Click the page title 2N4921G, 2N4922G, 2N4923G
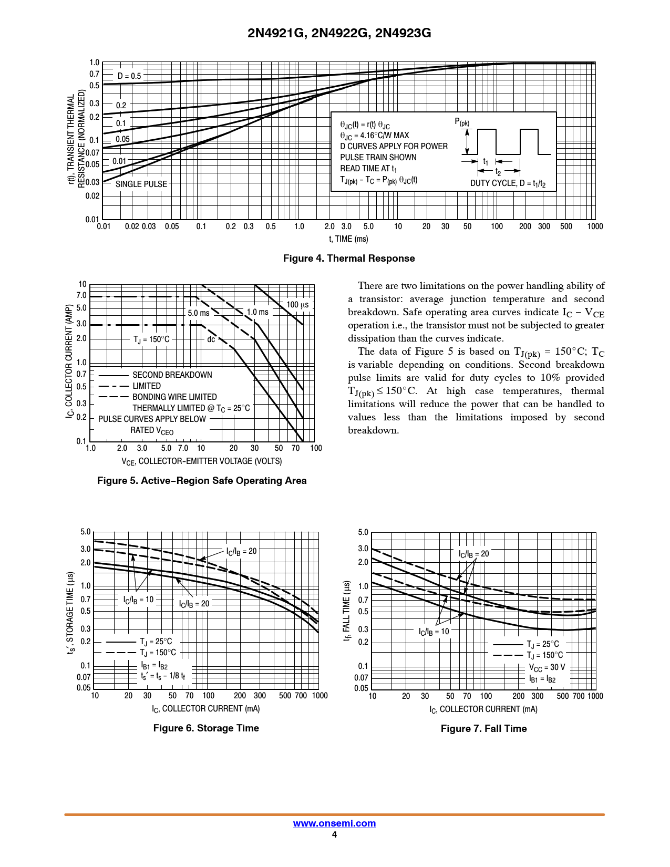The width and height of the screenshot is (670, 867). pos(339,33)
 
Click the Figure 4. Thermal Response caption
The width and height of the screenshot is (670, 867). pos(349,259)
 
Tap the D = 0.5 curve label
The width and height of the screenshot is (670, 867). pos(129,76)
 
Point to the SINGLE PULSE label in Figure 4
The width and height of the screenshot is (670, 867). pos(141,184)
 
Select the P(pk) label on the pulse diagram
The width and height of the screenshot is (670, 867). pos(462,122)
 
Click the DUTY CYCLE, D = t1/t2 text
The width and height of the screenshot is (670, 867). pos(508,183)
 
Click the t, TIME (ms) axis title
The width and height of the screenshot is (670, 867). pos(348,239)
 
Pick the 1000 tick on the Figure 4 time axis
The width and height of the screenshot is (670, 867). pos(595,226)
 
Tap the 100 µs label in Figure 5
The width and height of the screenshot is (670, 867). pos(297,305)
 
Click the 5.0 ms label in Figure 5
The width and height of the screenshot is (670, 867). pos(199,313)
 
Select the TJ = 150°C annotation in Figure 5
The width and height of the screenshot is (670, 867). pos(151,339)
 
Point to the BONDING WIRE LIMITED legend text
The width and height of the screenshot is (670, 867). pos(174,397)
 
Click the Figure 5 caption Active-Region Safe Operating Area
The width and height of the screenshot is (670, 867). pos(202,481)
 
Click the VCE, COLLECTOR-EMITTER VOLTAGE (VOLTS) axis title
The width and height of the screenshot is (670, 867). pos(202,461)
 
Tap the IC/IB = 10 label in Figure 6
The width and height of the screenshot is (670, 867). pos(138,600)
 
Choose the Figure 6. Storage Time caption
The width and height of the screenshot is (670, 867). pos(206,728)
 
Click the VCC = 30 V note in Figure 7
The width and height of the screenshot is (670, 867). pos(547,667)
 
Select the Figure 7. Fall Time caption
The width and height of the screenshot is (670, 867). pos(483,729)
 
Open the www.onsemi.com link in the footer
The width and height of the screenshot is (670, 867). pos(334,823)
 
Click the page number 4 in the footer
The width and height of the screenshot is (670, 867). pos(334,835)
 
